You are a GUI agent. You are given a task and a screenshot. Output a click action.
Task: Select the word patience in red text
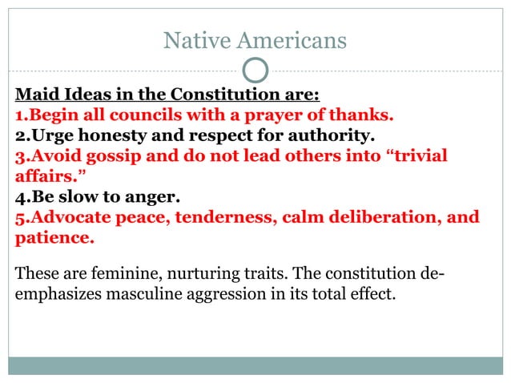click(54, 237)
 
